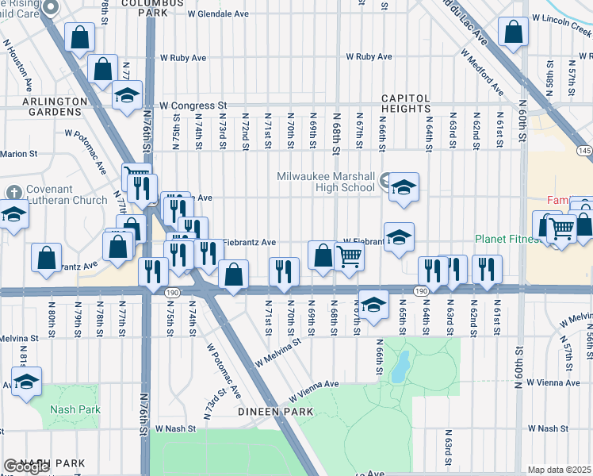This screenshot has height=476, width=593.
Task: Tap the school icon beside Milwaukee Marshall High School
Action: (404, 188)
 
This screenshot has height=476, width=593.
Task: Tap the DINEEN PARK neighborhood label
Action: (277, 412)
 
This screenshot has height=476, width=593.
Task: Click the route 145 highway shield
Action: (585, 151)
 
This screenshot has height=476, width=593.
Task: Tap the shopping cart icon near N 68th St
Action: (349, 256)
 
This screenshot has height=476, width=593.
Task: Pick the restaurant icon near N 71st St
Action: (284, 271)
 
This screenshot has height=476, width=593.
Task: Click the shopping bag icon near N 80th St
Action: (47, 257)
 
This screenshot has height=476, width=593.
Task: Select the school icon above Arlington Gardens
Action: (127, 95)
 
